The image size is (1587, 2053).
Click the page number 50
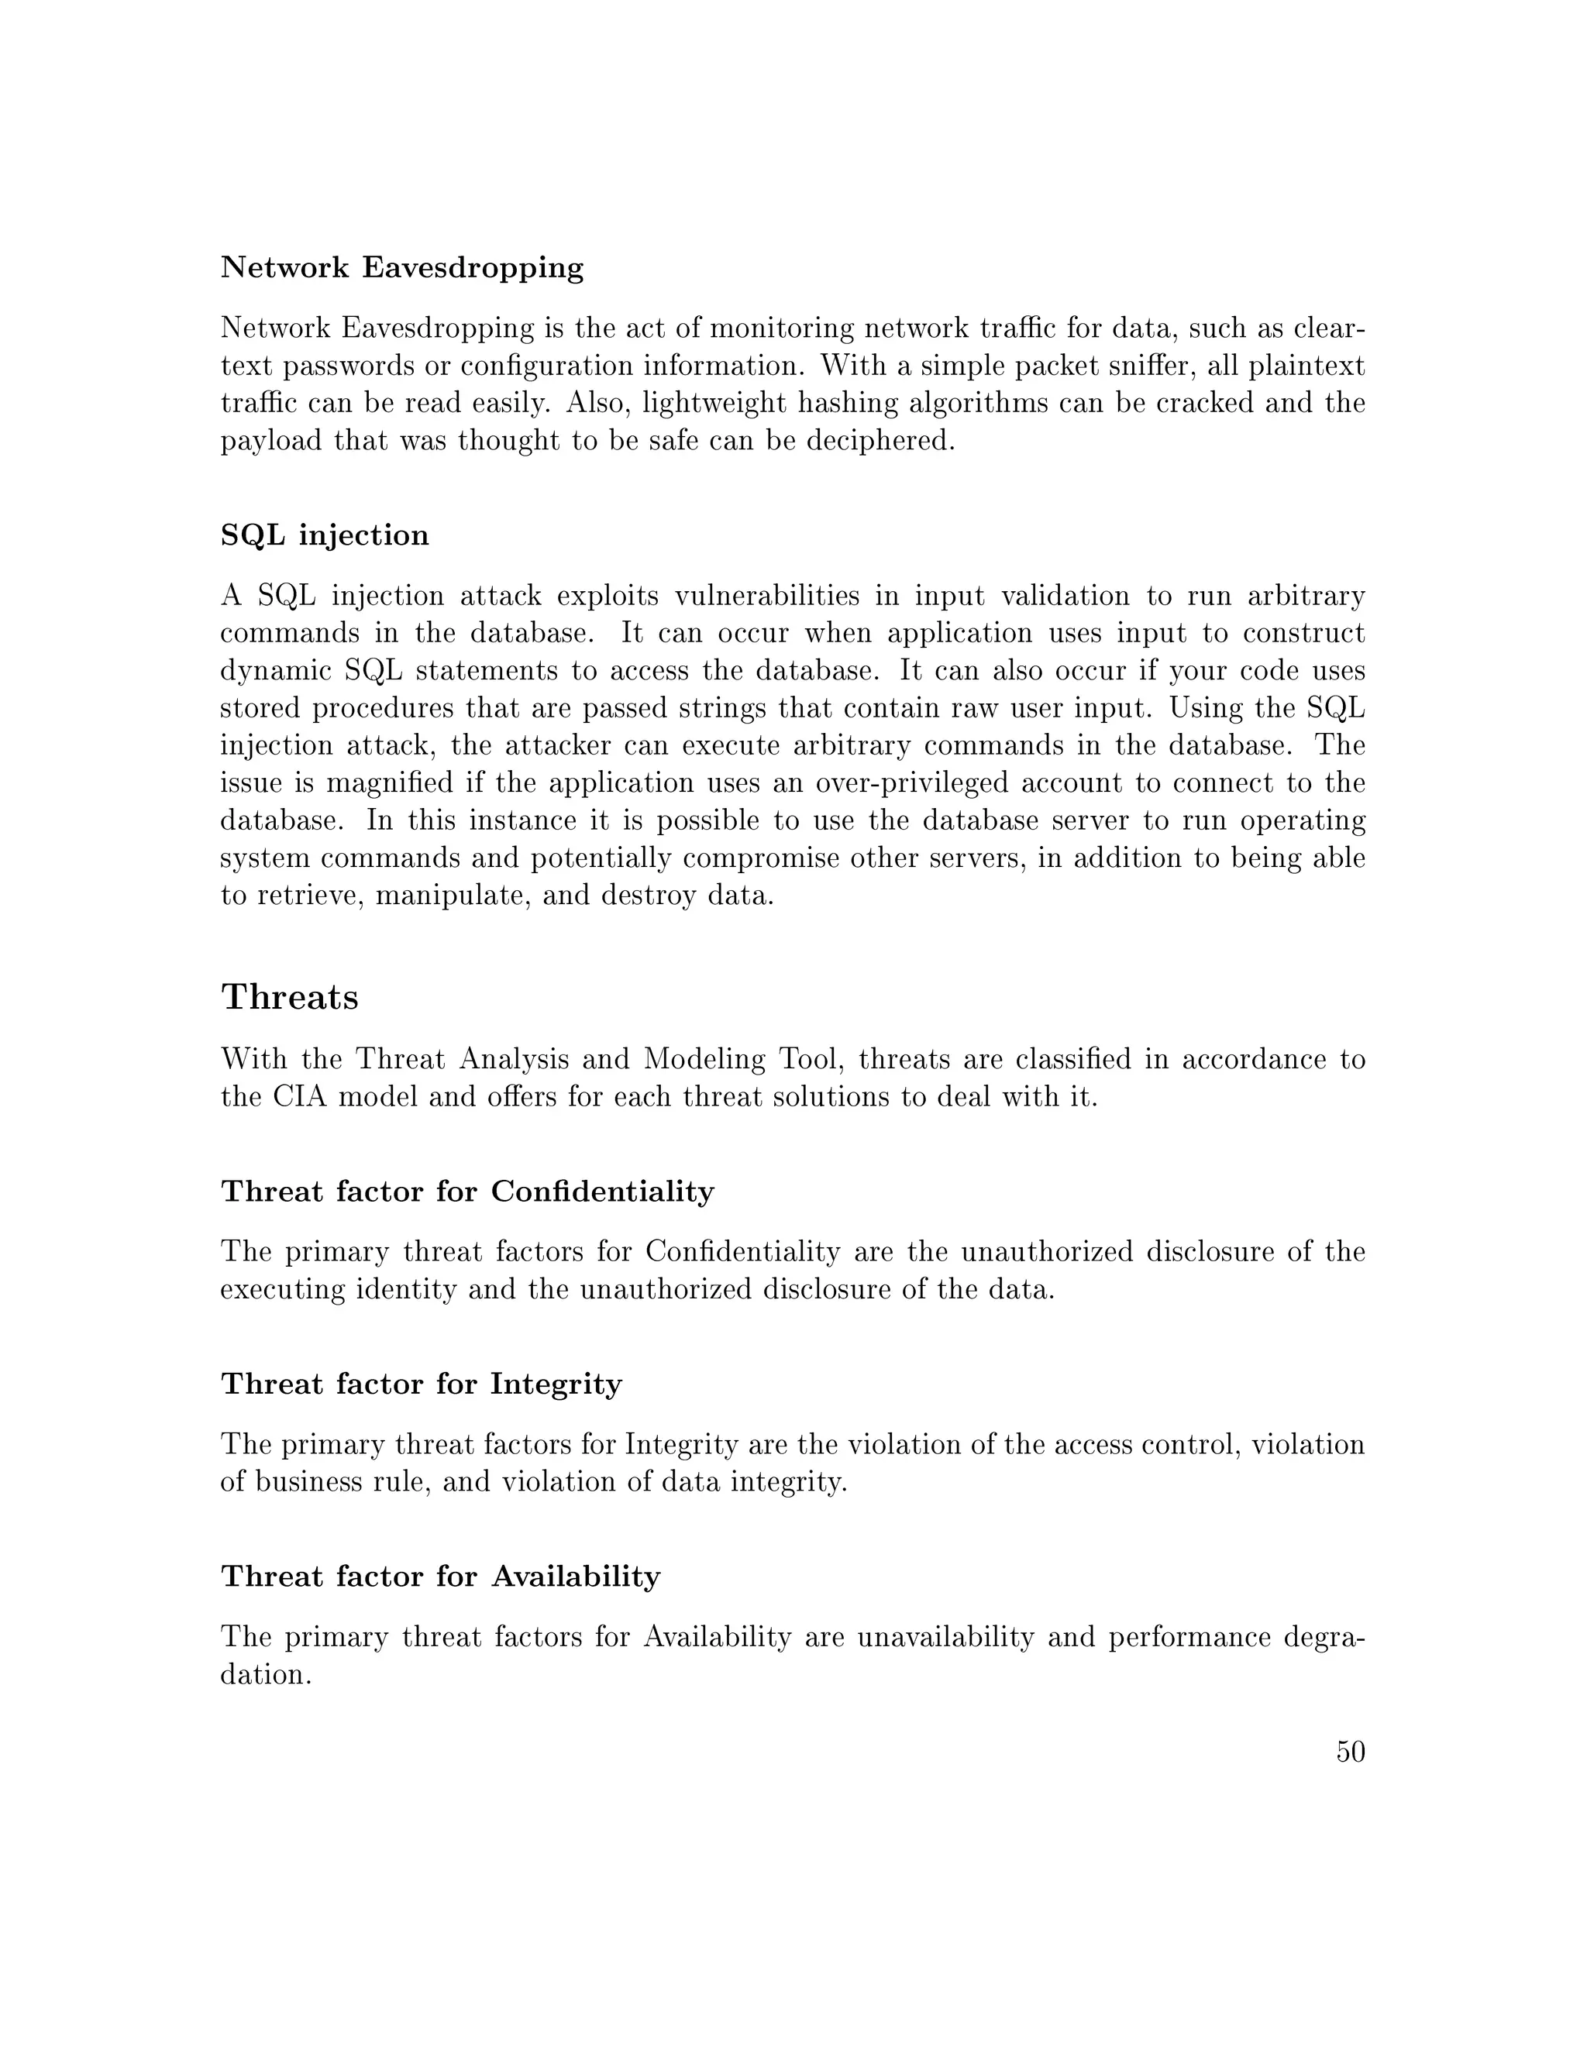pyautogui.click(x=1350, y=1752)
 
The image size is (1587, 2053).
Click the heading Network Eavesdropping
pyautogui.click(x=401, y=269)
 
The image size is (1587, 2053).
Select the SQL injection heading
pyautogui.click(x=325, y=536)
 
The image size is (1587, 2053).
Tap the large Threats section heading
pyautogui.click(x=290, y=996)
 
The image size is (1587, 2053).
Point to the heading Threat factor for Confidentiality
pyautogui.click(x=467, y=1192)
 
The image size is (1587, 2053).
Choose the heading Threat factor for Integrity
pyautogui.click(x=422, y=1384)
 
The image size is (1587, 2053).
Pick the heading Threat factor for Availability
pyautogui.click(x=440, y=1577)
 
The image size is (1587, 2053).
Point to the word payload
pyautogui.click(x=270, y=441)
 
